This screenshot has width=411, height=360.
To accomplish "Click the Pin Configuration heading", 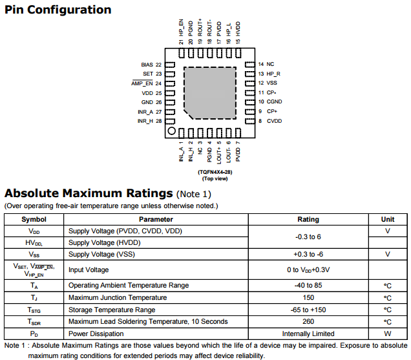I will coord(58,10).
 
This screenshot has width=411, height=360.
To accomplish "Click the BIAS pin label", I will coord(147,65).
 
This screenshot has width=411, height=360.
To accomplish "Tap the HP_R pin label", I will coord(274,74).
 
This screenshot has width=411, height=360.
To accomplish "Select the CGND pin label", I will coord(275,101).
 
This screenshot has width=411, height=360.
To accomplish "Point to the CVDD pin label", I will coord(275,121).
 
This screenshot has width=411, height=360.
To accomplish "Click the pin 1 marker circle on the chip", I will coord(171,131).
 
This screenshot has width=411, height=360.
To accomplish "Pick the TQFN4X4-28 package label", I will coord(215,173).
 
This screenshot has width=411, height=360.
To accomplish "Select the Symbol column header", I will coord(34,219).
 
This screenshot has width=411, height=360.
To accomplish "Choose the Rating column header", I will coord(308,219).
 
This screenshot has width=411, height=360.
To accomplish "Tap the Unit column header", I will coord(388,219).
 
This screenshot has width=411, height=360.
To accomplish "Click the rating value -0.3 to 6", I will coord(308,237).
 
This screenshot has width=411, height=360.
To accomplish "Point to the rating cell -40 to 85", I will coord(308,285).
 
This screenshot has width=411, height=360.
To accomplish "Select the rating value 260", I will coord(308,321).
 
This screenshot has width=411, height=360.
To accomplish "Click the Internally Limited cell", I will coord(308,334).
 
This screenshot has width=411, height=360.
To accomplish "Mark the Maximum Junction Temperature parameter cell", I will coord(118,297).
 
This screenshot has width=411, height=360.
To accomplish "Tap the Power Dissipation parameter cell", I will coord(96,334).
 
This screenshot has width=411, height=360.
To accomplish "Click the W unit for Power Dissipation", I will coord(388,334).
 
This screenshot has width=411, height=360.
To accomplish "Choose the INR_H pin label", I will coord(145,121).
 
